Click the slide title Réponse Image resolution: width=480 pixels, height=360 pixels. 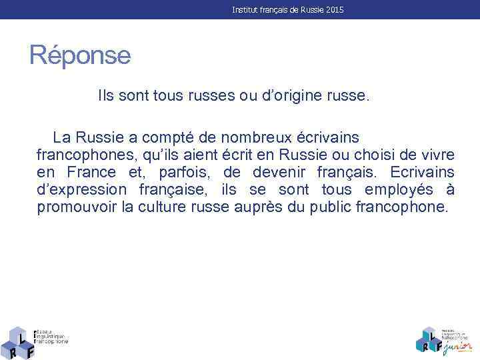(x=80, y=55)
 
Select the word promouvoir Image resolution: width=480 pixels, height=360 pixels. (x=78, y=207)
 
